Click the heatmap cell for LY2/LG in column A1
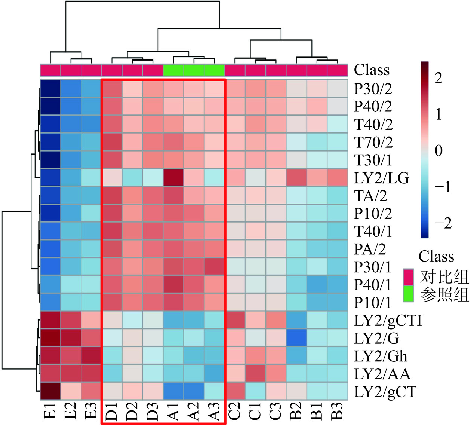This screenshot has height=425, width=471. coord(173,178)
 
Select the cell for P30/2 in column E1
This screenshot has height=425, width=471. coord(50,88)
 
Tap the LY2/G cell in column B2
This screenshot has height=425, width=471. coord(296,338)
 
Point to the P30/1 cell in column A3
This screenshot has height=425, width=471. coord(214,267)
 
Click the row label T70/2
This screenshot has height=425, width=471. coord(373,143)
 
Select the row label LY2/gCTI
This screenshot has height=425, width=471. coord(388,321)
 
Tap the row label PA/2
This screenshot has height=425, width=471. coord(370,249)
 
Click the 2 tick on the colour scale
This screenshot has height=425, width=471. coord(438,78)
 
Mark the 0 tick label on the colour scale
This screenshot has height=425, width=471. coord(438,151)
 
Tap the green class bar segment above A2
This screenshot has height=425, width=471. coord(194,70)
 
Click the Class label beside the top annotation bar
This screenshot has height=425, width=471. coord(372,70)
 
